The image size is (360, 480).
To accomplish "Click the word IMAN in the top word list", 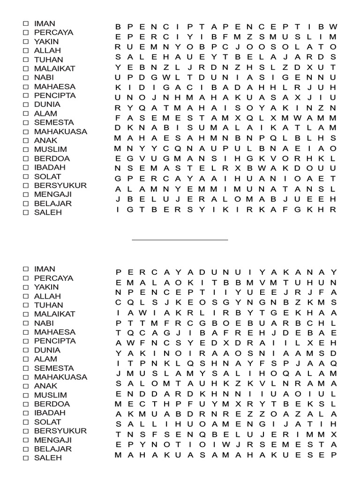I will tap(45, 23).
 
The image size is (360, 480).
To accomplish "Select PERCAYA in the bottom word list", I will tap(53, 278).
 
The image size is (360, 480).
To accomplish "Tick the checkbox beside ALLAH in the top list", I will tap(26, 51).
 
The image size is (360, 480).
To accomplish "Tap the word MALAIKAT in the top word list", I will tap(54, 68).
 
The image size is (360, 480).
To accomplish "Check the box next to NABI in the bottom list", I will tap(26, 323).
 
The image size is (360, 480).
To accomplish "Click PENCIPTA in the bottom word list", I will tap(54, 341).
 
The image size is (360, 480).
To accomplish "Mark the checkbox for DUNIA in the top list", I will tap(26, 105).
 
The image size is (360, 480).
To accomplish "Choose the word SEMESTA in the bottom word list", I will tap(54, 368).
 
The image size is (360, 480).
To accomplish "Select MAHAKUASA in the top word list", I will tap(60, 132).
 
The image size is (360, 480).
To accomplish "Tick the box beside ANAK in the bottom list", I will tap(26, 386).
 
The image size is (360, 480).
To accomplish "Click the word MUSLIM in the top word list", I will tap(51, 150).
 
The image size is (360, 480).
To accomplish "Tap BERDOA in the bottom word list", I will tap(52, 404).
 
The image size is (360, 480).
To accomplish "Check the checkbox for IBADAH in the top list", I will tap(26, 168).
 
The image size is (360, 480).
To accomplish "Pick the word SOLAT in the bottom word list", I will tap(47, 422).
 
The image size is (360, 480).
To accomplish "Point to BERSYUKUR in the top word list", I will tap(60, 186).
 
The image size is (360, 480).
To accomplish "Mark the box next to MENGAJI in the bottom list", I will tap(26, 440).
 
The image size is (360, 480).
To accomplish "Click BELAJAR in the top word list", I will tap(52, 203).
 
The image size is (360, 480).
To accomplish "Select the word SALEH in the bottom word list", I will tap(48, 458).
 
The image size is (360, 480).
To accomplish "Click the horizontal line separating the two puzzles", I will tap(180, 240).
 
